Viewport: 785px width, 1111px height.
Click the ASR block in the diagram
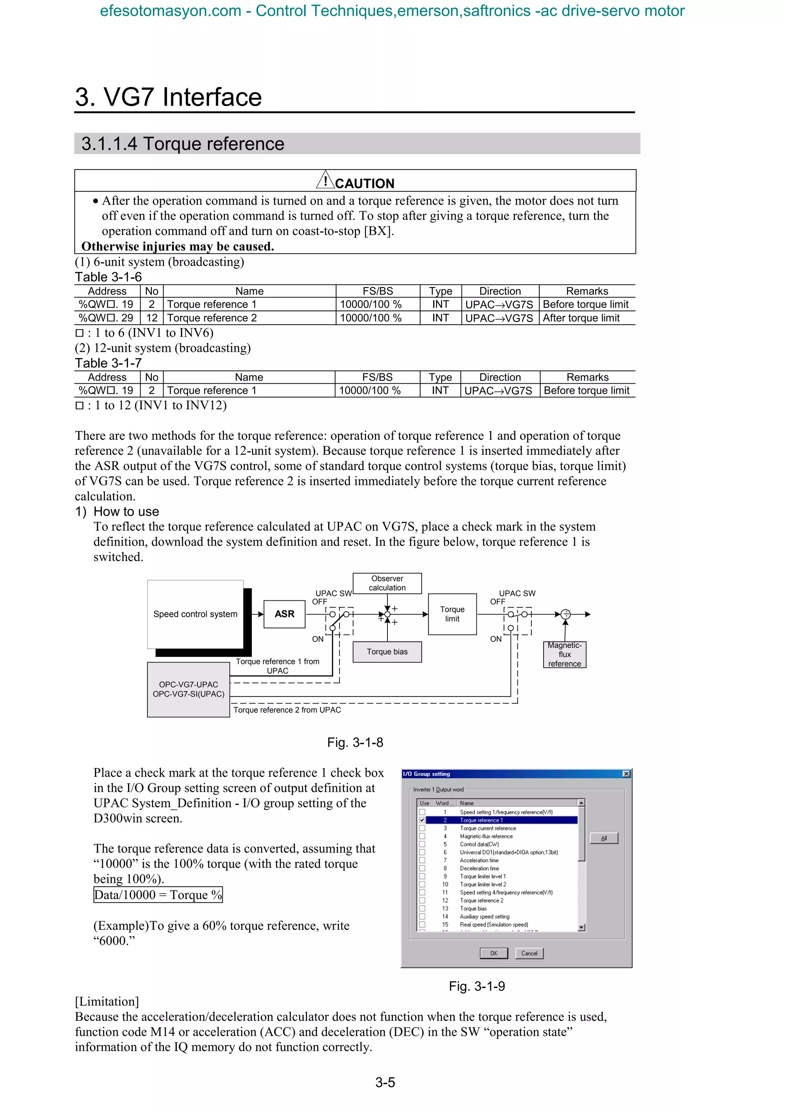(284, 614)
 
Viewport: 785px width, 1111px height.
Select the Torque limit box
(452, 614)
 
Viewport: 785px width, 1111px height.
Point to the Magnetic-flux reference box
(565, 655)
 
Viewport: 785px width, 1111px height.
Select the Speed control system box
(195, 614)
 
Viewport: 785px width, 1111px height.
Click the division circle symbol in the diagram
(565, 615)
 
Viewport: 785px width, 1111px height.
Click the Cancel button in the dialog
(529, 953)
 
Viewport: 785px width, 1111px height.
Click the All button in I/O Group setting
(604, 838)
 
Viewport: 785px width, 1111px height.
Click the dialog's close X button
(626, 774)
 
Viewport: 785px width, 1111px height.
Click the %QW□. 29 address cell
(107, 318)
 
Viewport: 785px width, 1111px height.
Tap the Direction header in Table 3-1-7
(500, 378)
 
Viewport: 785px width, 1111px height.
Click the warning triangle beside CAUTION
(325, 181)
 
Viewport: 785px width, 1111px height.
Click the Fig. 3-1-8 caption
(355, 742)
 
